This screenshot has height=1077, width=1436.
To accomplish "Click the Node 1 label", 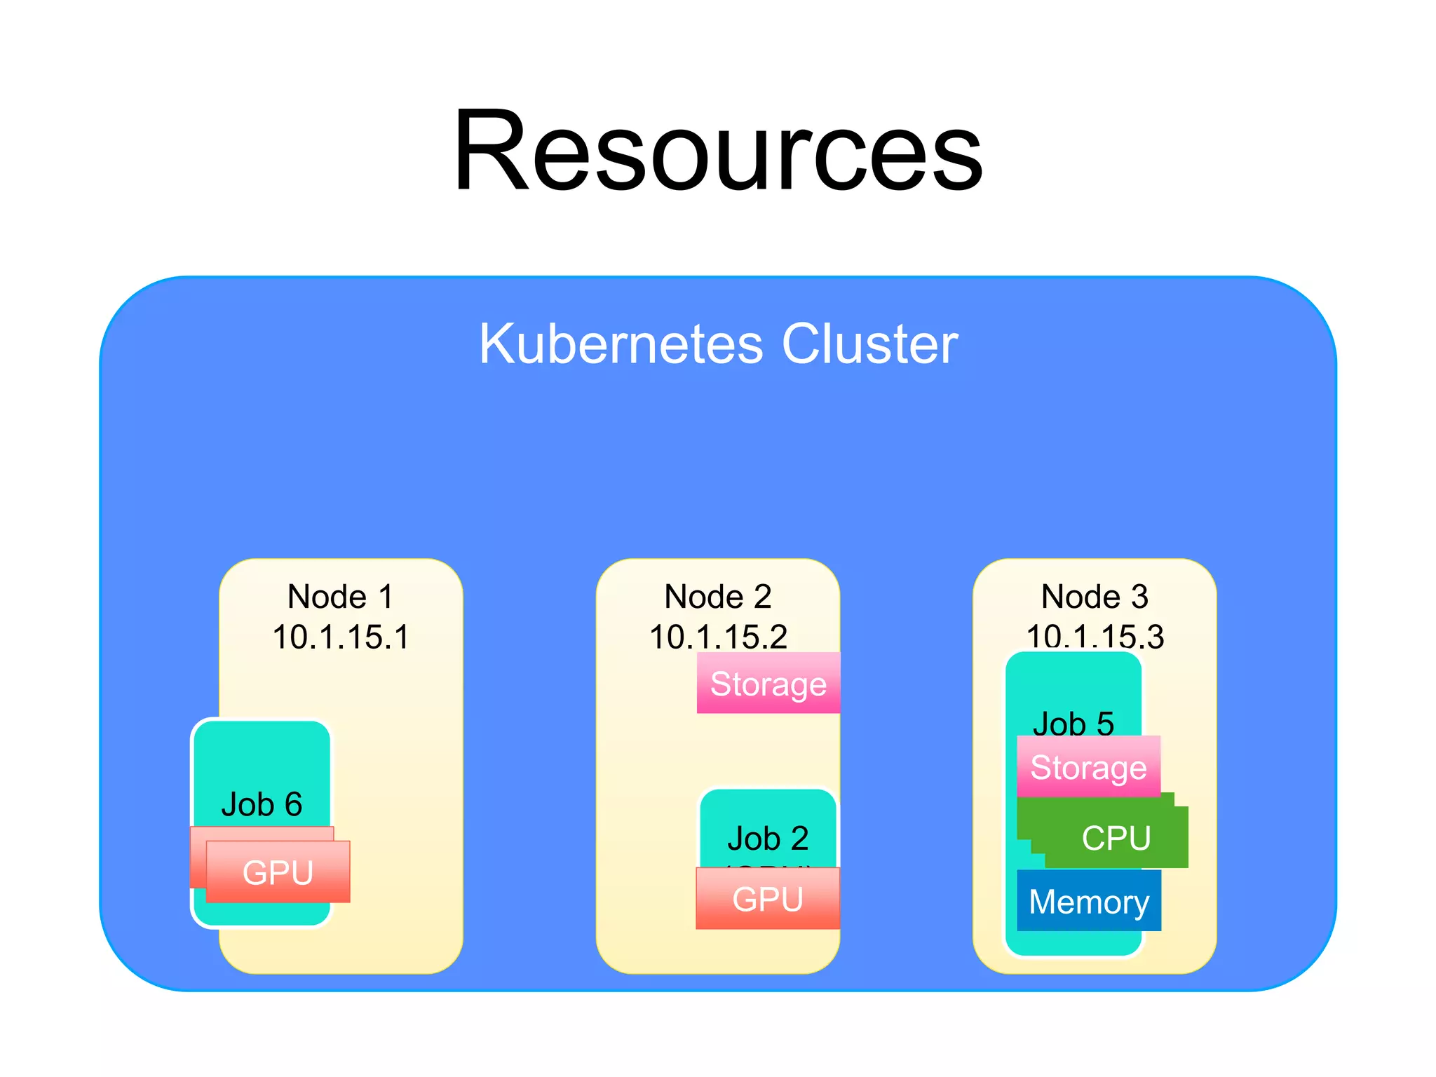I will [340, 597].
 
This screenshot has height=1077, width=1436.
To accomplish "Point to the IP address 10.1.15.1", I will [340, 637].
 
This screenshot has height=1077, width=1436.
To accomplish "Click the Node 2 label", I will [717, 597].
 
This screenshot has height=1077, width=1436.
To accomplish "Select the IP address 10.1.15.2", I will [717, 636].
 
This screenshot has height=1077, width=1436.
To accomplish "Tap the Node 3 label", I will [1095, 597].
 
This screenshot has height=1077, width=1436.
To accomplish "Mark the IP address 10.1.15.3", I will [1095, 636].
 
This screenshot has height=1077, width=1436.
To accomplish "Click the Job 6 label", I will [262, 804].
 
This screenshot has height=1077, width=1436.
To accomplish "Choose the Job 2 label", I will [768, 838].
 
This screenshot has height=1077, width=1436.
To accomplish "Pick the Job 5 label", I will [1073, 723].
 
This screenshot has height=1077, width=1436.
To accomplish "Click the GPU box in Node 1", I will [278, 872].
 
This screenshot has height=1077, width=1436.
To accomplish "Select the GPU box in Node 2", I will [768, 899].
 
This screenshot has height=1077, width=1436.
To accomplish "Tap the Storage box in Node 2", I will [768, 684].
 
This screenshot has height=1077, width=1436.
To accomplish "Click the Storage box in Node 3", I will [1088, 767].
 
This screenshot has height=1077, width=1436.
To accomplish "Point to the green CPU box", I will [1116, 837].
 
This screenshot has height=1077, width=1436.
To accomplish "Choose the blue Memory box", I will [1088, 901].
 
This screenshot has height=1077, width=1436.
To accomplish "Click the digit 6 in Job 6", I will [293, 804].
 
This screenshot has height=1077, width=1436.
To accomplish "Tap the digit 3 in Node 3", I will [1139, 597].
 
